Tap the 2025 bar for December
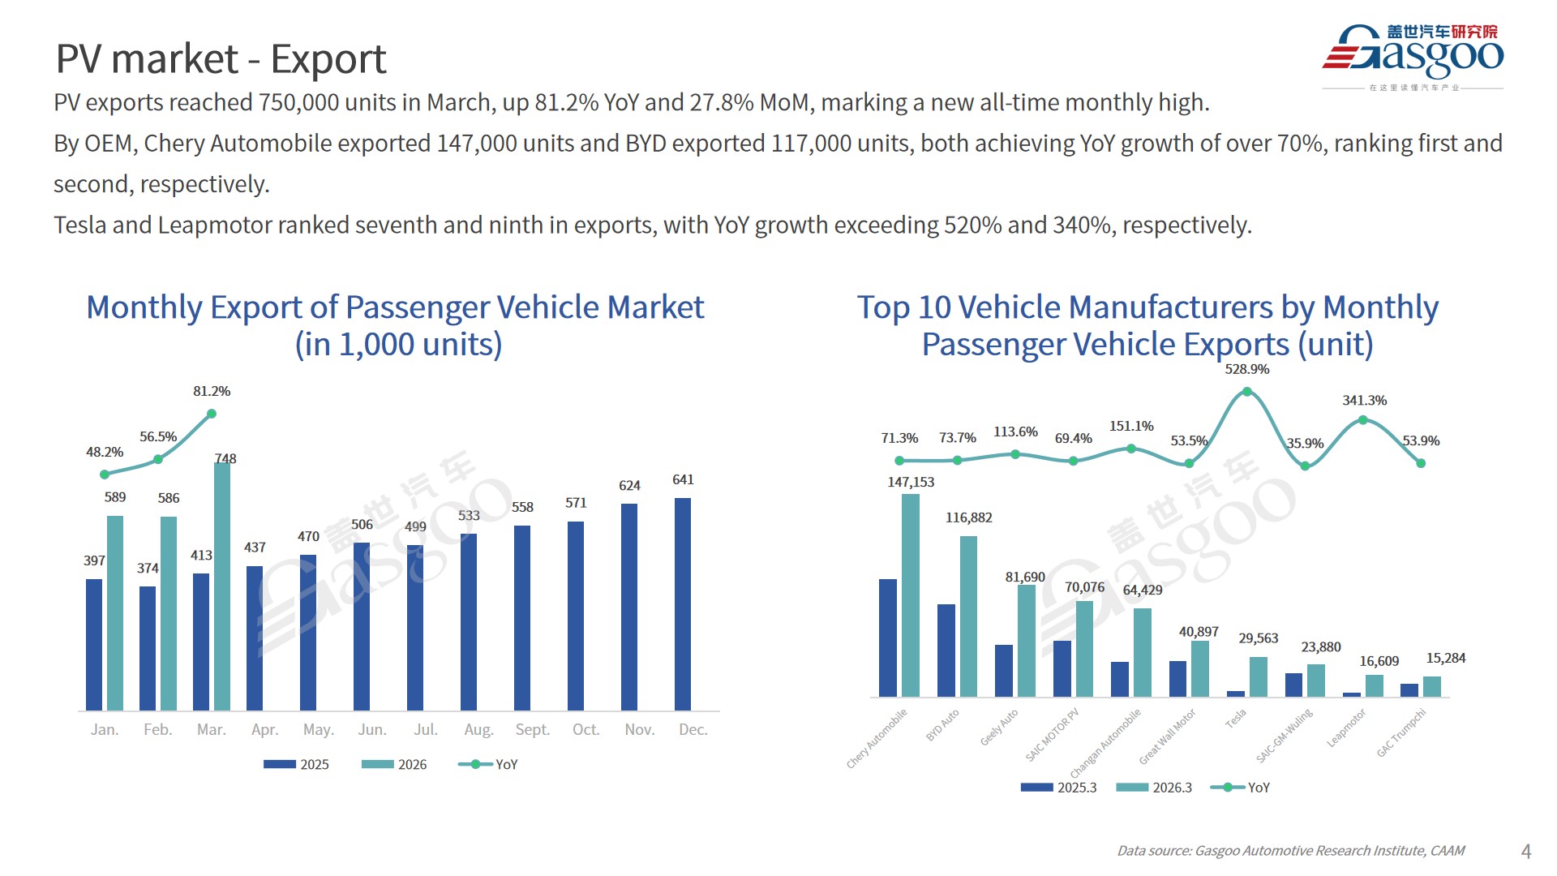pos(683,603)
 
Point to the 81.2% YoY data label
pos(212,391)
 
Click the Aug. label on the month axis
pos(478,729)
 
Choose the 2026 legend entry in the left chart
pos(394,764)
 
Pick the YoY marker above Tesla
pos(1247,392)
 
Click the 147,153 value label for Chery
pos(911,482)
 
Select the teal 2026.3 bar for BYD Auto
pos(968,616)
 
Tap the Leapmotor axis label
pos(1347,728)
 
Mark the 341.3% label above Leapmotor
pos(1364,400)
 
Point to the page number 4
pos(1526,851)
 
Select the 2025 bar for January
pos(94,644)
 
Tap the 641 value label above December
pos(683,479)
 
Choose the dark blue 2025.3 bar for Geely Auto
pos(1004,670)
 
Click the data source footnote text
pos(1290,850)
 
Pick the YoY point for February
pos(158,459)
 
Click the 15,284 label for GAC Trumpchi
pos(1445,658)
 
